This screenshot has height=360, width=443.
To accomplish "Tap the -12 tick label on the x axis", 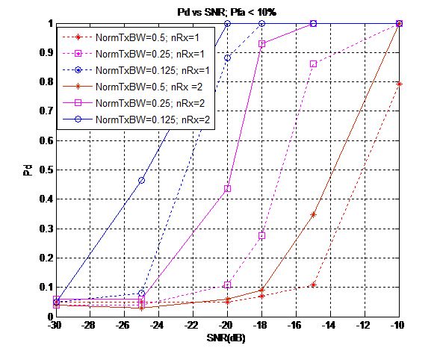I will click(x=365, y=326).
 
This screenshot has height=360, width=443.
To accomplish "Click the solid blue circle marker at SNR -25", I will click(x=141, y=181).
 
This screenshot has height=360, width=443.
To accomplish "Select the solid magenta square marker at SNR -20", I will click(x=227, y=189).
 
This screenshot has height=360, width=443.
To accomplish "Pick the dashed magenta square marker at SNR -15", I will click(x=314, y=64).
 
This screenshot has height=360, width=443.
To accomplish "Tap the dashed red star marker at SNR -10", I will click(x=400, y=84).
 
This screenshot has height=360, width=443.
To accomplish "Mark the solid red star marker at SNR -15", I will click(x=314, y=214).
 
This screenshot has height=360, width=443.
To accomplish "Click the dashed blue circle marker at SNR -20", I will click(x=227, y=58).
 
